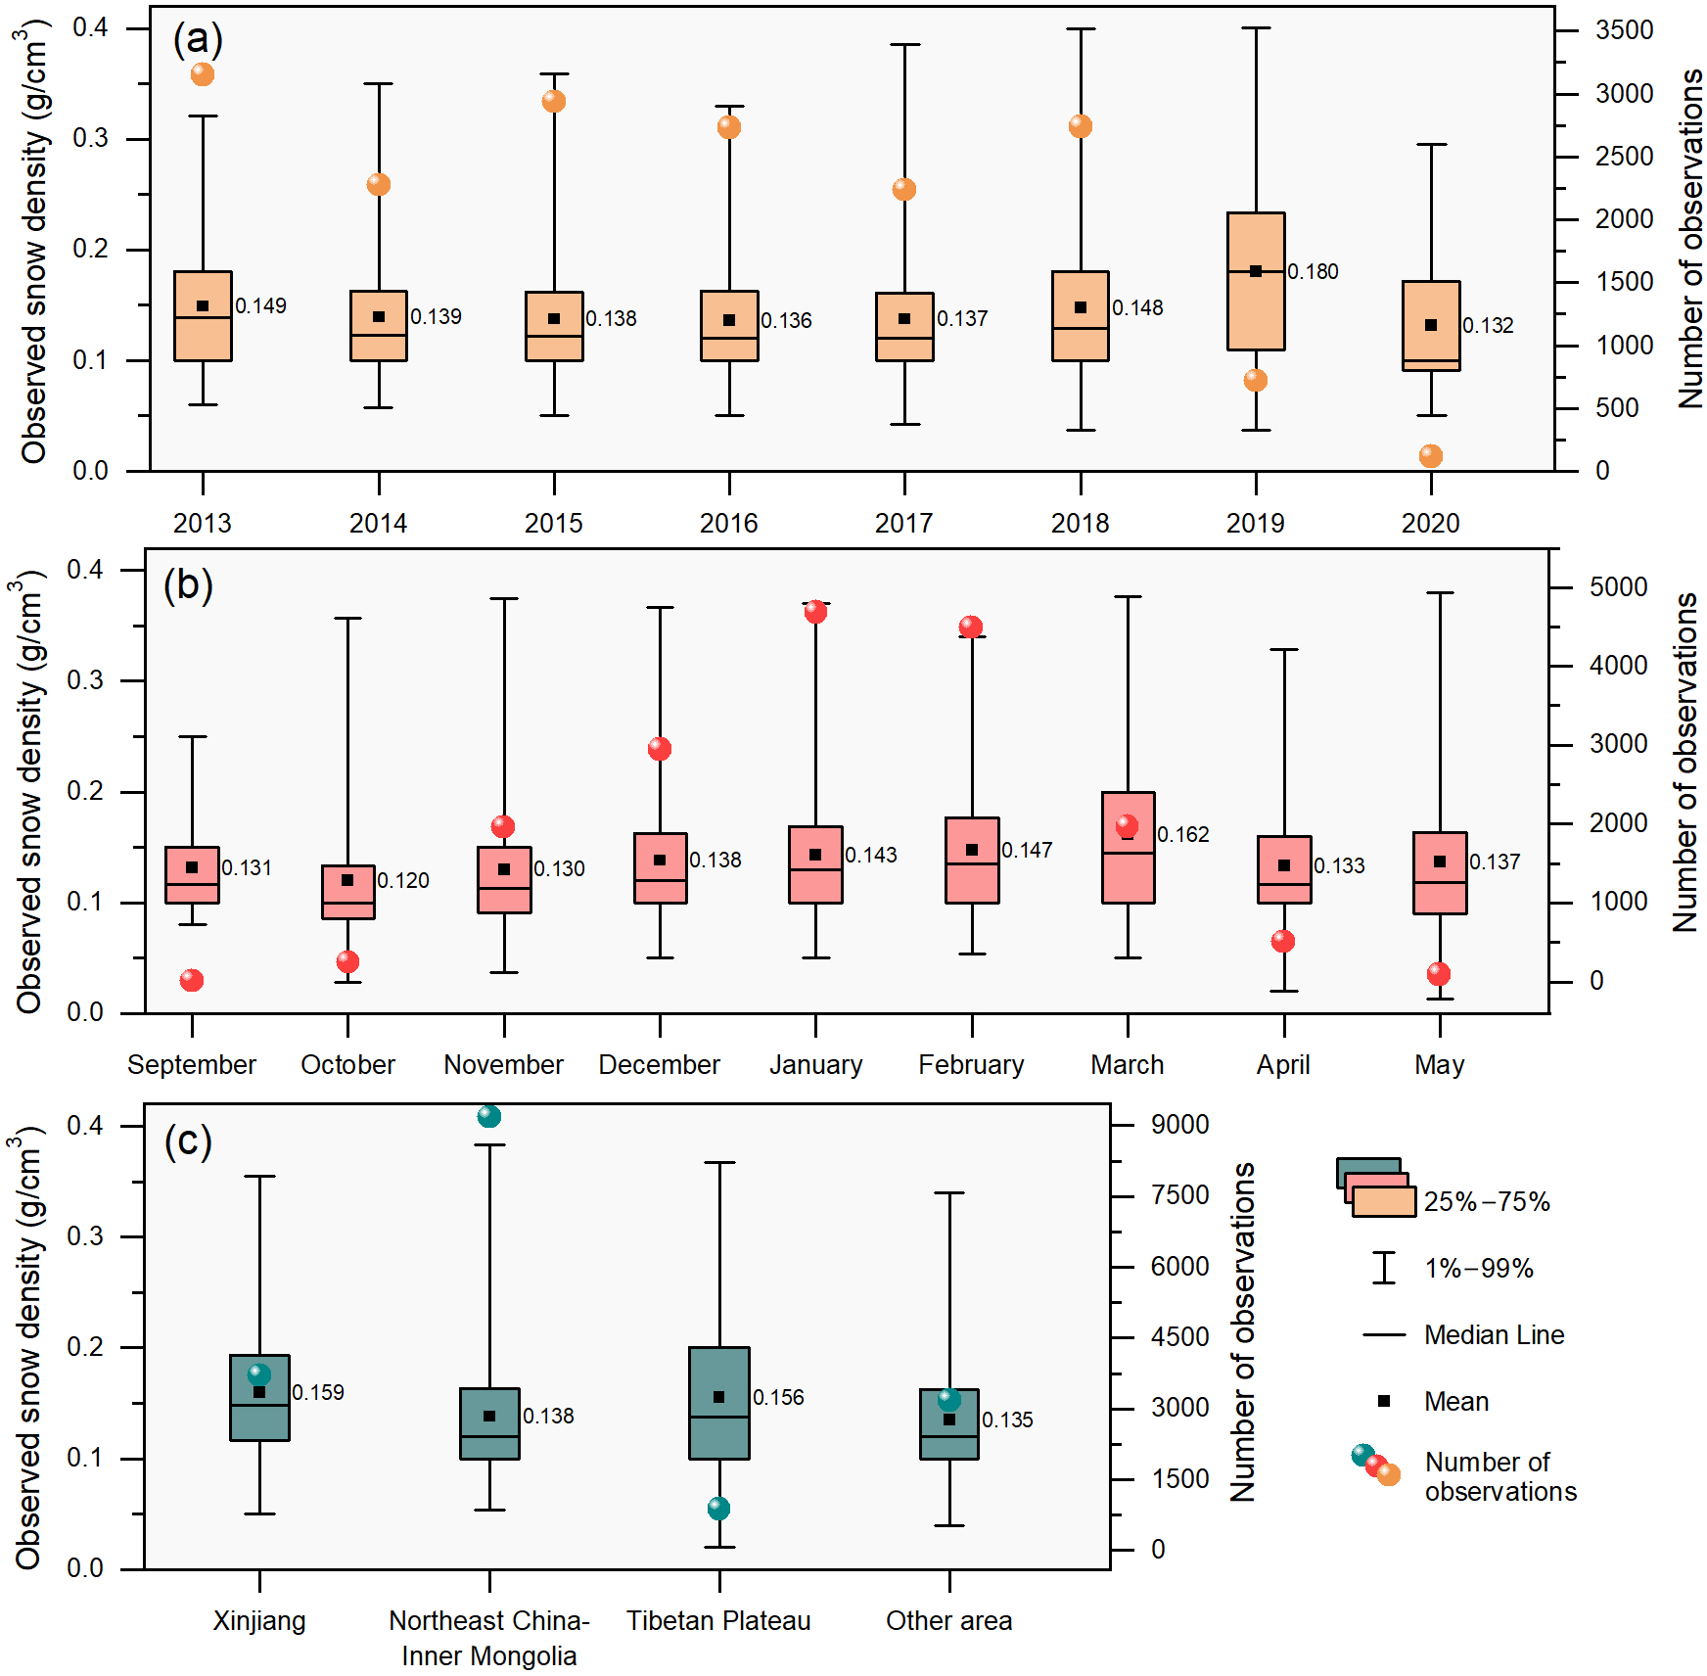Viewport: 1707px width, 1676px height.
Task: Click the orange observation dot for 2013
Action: tap(203, 74)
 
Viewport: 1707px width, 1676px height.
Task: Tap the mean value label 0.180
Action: tap(1313, 272)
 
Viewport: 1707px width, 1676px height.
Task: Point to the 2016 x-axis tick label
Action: tap(728, 523)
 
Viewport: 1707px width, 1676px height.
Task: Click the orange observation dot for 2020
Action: tap(1431, 455)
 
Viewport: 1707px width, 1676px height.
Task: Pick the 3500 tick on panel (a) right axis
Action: tap(1624, 30)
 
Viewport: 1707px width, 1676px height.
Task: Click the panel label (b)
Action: tap(188, 585)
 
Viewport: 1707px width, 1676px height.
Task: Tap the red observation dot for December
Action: tap(660, 749)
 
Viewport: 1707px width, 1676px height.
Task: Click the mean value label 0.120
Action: tap(403, 881)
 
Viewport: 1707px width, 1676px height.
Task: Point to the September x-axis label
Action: tap(192, 1065)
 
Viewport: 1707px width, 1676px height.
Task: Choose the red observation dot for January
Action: tap(815, 612)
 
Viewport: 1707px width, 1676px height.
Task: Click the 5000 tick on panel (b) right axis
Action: tap(1618, 587)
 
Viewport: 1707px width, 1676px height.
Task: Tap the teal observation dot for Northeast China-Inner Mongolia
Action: tap(489, 1116)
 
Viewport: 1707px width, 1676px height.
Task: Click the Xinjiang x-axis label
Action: tap(259, 1621)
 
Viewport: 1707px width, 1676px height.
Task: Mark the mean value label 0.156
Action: tap(778, 1398)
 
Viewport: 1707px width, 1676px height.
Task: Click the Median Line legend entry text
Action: tap(1494, 1335)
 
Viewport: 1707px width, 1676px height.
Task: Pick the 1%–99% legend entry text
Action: tap(1479, 1269)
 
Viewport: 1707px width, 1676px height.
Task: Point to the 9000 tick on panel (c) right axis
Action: tap(1179, 1125)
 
